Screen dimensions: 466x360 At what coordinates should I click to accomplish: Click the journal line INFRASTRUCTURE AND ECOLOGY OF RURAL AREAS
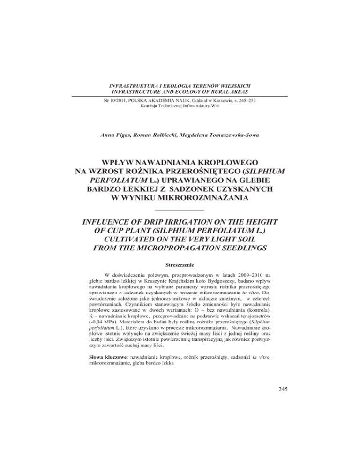pos(180,92)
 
